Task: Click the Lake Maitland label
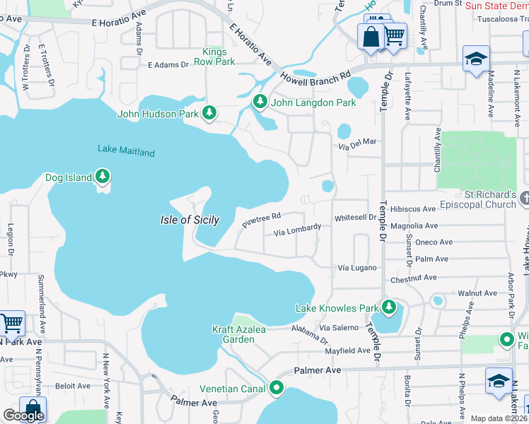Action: (x=126, y=150)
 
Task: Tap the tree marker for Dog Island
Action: (x=103, y=175)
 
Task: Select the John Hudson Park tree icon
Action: (x=209, y=112)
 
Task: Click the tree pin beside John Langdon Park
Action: (x=260, y=102)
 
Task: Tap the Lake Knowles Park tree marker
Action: (x=388, y=307)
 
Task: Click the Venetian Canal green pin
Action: (x=277, y=388)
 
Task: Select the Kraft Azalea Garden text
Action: (x=233, y=334)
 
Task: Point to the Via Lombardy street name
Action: (x=297, y=230)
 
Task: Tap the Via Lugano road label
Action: (x=357, y=269)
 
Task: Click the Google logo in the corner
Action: (x=23, y=416)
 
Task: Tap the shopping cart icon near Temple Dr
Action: (x=394, y=34)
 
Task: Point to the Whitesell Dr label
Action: (x=356, y=218)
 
